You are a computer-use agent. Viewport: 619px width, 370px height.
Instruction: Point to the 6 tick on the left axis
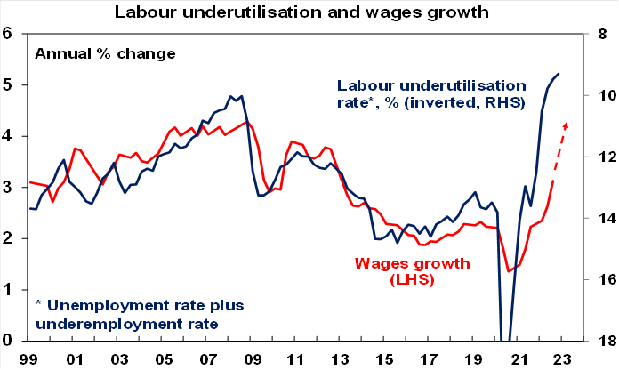click(x=11, y=34)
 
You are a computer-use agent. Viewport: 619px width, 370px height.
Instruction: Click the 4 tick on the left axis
click(x=11, y=136)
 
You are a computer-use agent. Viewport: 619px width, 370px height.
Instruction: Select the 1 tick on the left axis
click(x=11, y=290)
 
